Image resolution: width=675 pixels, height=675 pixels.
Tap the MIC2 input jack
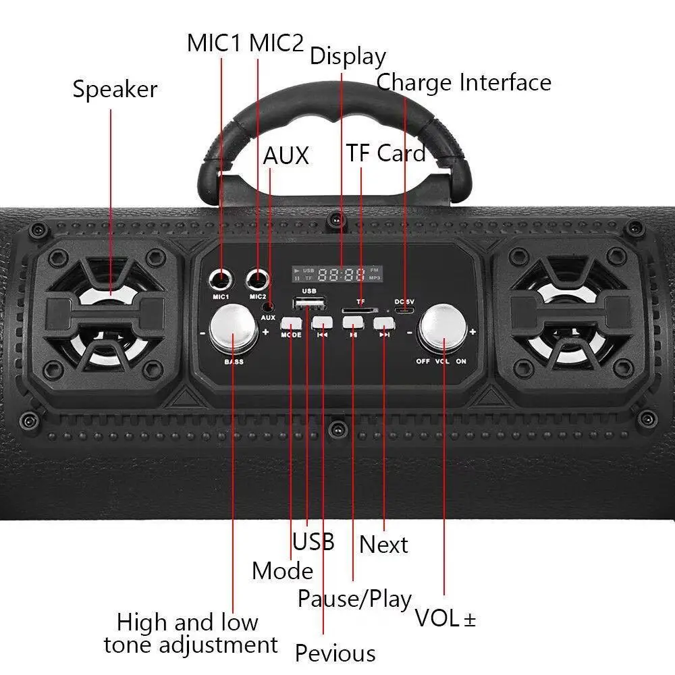coord(257,277)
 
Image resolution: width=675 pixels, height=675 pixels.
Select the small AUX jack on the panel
coord(269,305)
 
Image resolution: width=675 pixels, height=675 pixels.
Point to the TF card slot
coord(354,309)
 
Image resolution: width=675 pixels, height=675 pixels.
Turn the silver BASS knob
coord(233,329)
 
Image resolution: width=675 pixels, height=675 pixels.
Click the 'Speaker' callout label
coord(115,89)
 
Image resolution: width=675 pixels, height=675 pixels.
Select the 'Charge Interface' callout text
coord(464,82)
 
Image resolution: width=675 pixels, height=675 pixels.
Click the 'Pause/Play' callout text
coord(354,598)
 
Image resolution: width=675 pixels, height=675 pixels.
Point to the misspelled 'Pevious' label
coord(335,653)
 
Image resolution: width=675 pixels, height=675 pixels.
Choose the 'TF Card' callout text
coord(386,153)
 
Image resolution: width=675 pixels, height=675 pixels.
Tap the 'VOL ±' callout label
coord(445,618)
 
